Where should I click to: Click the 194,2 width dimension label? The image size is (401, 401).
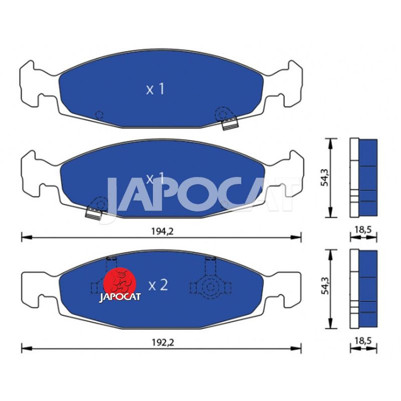point(162,232)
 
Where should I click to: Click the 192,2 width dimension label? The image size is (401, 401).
point(163,342)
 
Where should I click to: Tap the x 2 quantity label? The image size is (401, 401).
point(158,285)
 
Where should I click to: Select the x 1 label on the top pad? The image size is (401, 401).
point(155,89)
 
